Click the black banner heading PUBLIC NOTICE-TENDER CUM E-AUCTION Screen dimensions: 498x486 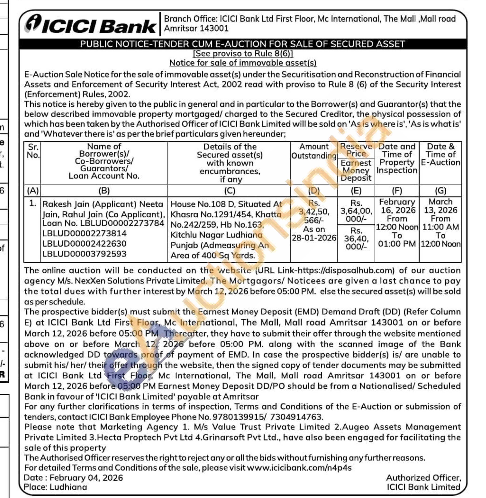[x=242, y=44]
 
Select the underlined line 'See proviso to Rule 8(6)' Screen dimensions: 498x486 [x=243, y=54]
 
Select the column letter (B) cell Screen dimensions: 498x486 [x=104, y=191]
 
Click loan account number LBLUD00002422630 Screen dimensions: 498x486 [x=84, y=243]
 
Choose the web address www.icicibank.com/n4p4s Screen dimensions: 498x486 [x=299, y=468]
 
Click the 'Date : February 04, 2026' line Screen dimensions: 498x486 [x=74, y=478]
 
